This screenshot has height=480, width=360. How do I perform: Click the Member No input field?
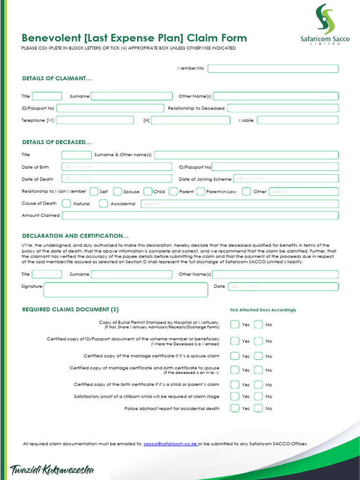pos(273,68)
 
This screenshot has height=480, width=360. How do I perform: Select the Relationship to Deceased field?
pos(283,108)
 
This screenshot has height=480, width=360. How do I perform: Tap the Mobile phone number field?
pos(297,120)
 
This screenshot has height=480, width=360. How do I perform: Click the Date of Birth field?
pos(117,167)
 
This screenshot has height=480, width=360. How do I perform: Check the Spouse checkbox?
pos(118,191)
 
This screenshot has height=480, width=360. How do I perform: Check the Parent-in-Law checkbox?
pos(201,191)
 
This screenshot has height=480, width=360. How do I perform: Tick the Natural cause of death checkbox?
pos(67,203)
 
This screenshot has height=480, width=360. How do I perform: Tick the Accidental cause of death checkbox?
pos(104,203)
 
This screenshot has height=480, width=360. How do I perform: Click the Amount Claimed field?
pos(200,216)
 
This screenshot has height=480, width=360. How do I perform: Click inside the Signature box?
pos(126,290)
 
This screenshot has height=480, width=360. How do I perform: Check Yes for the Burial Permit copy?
pos(235,324)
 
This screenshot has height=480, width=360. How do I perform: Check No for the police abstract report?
pos(258,408)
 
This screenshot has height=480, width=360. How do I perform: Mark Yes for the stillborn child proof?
pos(235,397)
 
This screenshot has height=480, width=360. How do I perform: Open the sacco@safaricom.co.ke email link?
pos(170,443)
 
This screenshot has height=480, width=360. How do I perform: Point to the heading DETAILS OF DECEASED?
pos(57,142)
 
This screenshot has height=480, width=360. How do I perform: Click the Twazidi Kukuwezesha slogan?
pos(52,470)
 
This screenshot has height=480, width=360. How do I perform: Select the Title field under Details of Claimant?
pos(46,96)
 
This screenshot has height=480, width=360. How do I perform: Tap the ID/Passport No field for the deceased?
pos(275,167)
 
